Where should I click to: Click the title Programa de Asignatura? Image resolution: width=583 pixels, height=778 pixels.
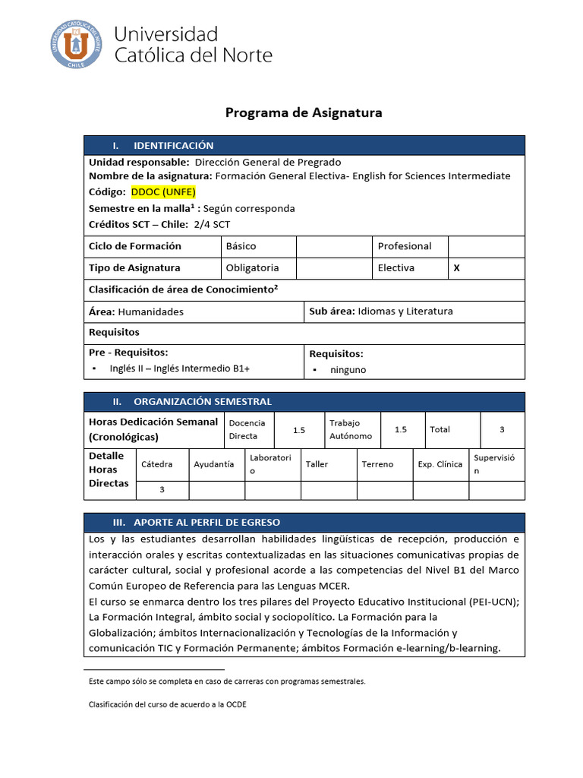pyautogui.click(x=304, y=112)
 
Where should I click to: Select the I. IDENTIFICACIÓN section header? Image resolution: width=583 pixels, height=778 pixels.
pyautogui.click(x=173, y=145)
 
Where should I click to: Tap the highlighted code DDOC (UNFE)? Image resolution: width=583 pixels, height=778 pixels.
pyautogui.click(x=164, y=191)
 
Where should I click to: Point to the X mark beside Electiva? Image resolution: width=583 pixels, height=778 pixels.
pyautogui.click(x=456, y=267)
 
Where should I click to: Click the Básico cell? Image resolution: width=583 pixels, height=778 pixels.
pyautogui.click(x=241, y=246)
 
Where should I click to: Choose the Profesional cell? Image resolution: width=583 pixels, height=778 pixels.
pyautogui.click(x=404, y=246)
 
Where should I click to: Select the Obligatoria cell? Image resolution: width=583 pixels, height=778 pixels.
pyautogui.click(x=253, y=267)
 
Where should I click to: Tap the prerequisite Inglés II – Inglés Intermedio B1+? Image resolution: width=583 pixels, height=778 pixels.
pyautogui.click(x=180, y=368)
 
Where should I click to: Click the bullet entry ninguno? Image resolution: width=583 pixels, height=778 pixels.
pyautogui.click(x=348, y=370)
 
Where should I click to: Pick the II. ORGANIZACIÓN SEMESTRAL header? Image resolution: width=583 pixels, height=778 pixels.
pyautogui.click(x=202, y=401)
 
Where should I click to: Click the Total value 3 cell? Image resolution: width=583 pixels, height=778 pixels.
pyautogui.click(x=502, y=429)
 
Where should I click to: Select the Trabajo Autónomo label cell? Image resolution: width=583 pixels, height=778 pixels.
pyautogui.click(x=350, y=429)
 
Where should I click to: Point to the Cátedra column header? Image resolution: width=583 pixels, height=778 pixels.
pyautogui.click(x=156, y=463)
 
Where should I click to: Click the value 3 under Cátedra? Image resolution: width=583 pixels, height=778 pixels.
pyautogui.click(x=162, y=490)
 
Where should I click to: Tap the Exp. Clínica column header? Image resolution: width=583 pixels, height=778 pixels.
pyautogui.click(x=440, y=464)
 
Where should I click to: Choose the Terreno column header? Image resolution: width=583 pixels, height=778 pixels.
pyautogui.click(x=377, y=464)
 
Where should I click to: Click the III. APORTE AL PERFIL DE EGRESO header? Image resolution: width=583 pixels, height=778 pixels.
pyautogui.click(x=206, y=522)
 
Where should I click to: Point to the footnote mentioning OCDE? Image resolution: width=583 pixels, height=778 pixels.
pyautogui.click(x=168, y=704)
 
